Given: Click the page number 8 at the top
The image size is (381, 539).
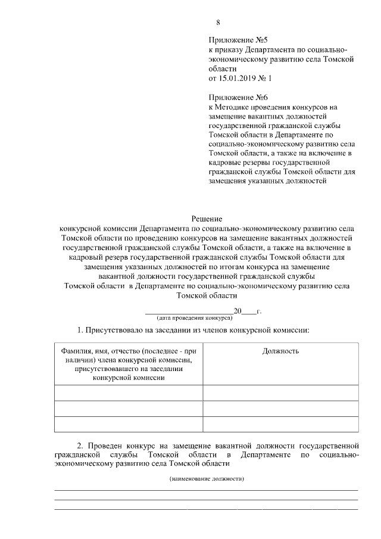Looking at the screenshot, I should tap(218, 23).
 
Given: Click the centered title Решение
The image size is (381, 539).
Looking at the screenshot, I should tap(207, 219).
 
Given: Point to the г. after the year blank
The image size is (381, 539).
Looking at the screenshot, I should tap(259, 311).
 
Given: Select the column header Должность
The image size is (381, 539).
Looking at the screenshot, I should tap(280, 351).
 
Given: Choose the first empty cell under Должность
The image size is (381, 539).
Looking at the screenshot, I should tap(280, 392).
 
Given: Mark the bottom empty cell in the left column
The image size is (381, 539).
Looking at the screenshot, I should tap(128, 423).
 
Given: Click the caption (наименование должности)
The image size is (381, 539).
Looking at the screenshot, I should tap(207, 479).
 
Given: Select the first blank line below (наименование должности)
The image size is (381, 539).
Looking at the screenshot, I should tap(207, 490).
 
